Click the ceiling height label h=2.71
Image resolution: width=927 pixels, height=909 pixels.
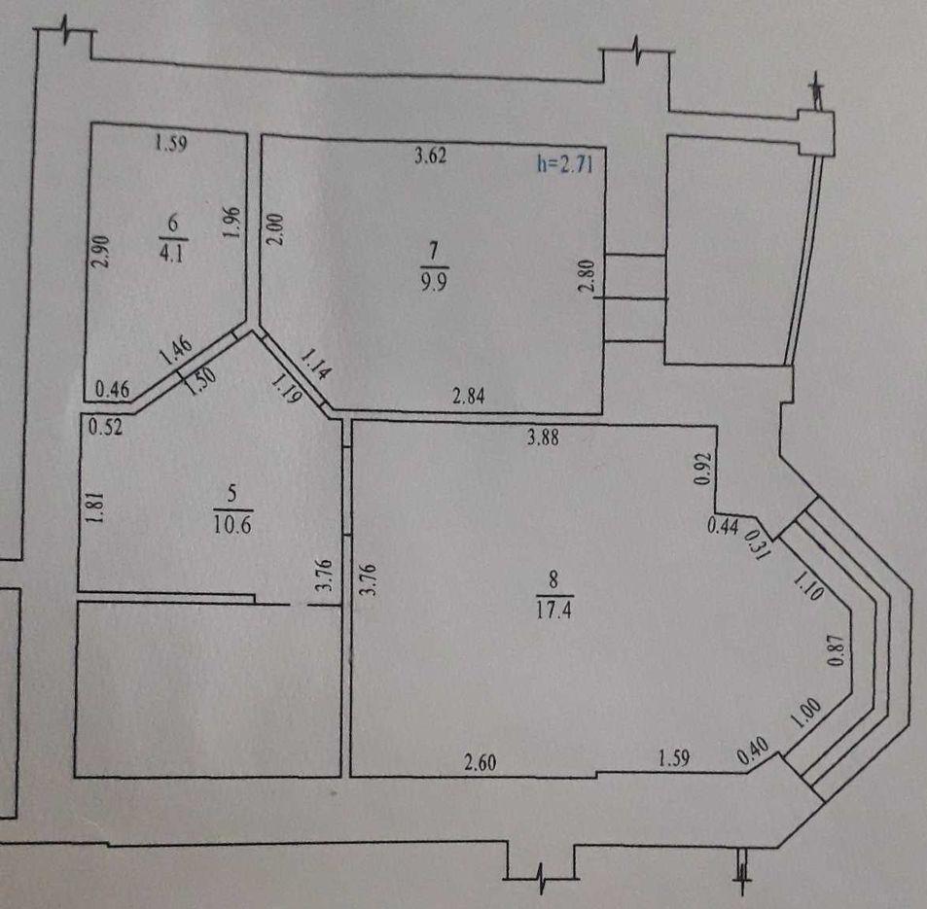[564, 163]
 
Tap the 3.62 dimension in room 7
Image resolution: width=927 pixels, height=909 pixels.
[430, 156]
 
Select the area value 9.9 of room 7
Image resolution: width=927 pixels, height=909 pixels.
[434, 281]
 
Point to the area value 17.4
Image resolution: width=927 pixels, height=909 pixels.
[553, 609]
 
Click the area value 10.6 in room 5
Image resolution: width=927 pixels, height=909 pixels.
[232, 524]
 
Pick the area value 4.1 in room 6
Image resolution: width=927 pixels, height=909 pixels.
[172, 253]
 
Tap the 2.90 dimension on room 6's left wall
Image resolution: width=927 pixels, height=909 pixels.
[101, 251]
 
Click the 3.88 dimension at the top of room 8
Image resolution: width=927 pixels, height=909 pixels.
[543, 437]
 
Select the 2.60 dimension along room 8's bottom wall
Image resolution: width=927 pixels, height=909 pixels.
[481, 762]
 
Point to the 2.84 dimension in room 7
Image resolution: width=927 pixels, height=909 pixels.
[468, 396]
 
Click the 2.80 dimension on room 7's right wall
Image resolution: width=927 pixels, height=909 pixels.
[586, 277]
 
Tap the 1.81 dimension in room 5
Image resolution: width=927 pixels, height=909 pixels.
[95, 507]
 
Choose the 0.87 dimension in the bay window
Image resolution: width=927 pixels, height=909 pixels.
[835, 649]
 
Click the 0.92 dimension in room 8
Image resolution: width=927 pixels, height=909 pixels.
[701, 469]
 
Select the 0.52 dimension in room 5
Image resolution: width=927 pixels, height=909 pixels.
[105, 426]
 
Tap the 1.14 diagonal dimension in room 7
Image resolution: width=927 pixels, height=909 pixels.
[316, 363]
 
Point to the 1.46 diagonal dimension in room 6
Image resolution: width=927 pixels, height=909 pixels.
[176, 350]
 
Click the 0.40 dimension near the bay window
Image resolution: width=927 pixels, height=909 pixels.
[753, 750]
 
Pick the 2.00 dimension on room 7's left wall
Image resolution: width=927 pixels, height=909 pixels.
[276, 228]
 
